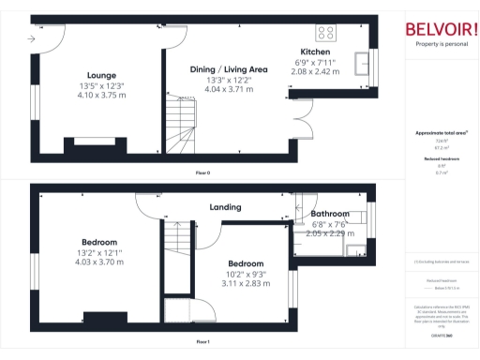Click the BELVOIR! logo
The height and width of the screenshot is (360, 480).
(x=440, y=28)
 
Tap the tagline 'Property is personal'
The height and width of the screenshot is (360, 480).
(x=440, y=44)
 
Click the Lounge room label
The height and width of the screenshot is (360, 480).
(x=100, y=75)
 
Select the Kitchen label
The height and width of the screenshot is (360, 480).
(x=314, y=52)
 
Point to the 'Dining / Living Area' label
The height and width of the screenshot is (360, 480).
(x=230, y=69)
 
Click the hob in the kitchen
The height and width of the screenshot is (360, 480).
(x=327, y=29)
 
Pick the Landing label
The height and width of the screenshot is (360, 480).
(x=226, y=207)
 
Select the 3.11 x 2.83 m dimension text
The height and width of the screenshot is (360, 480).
(x=245, y=283)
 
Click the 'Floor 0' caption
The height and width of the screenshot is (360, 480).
(x=202, y=173)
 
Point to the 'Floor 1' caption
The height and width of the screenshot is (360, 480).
(x=202, y=342)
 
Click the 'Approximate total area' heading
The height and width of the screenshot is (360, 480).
(x=441, y=133)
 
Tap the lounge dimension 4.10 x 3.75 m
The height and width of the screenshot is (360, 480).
(x=100, y=95)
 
